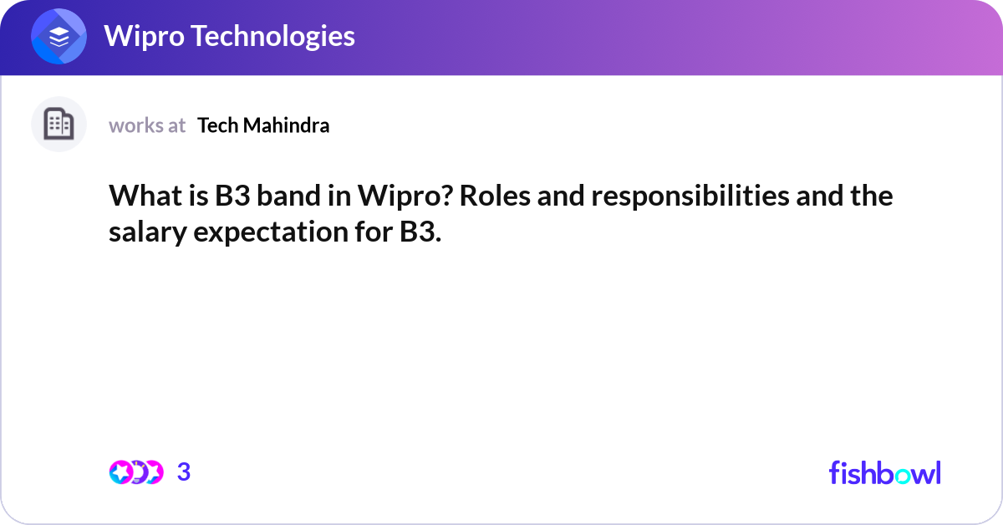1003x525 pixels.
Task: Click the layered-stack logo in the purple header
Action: (59, 37)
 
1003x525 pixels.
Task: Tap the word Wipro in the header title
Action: (138, 36)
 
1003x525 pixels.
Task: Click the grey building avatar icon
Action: (59, 125)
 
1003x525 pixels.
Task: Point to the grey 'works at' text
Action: (147, 125)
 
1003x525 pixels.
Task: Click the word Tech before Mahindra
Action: (216, 125)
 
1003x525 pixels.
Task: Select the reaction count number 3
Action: (184, 472)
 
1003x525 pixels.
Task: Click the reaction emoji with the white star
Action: (120, 472)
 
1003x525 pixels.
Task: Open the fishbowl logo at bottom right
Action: (884, 472)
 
